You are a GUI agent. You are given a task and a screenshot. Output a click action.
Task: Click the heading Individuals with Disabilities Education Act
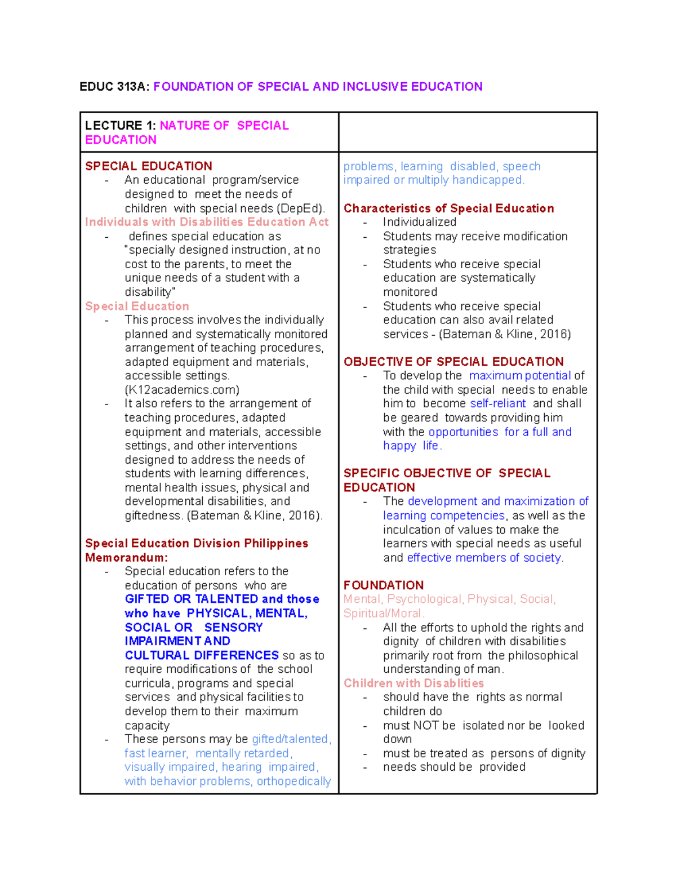point(207,222)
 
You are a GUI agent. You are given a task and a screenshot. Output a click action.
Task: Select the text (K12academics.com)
point(181,390)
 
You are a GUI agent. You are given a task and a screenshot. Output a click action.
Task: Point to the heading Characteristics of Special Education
point(448,208)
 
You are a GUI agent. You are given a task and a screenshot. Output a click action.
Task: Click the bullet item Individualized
point(419,222)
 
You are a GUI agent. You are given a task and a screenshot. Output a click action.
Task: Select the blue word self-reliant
point(497,403)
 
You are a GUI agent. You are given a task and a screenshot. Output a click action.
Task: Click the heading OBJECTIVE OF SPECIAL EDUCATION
point(453,362)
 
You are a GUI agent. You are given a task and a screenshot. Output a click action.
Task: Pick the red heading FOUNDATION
point(384,585)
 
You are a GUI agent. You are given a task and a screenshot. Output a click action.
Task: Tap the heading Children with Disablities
point(413,683)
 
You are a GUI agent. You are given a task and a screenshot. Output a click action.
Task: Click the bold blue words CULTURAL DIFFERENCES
point(202,655)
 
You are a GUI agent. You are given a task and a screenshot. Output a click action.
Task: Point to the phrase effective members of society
point(484,558)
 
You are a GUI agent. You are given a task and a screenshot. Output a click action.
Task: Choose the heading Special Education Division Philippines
point(197,544)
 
